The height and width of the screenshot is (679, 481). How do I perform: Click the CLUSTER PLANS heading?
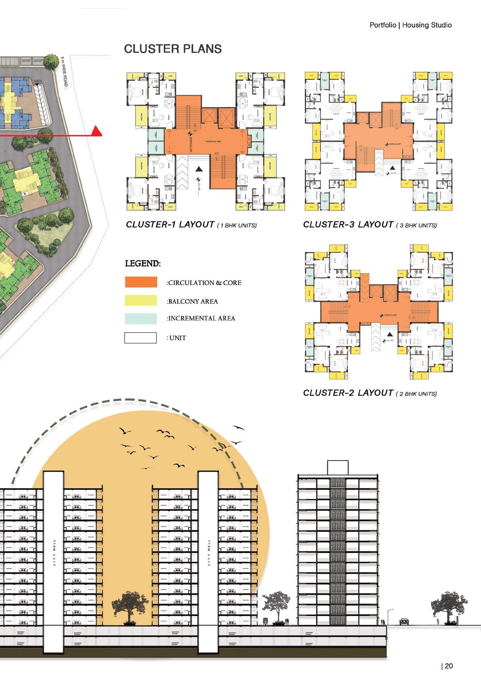click(x=173, y=49)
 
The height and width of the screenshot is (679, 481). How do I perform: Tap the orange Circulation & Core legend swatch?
click(x=141, y=282)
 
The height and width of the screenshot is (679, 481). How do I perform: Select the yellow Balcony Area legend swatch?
click(x=141, y=300)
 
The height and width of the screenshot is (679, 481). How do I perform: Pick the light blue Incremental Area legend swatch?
click(x=141, y=319)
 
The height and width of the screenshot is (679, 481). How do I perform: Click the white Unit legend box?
click(x=140, y=338)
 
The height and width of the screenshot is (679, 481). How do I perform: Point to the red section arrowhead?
click(x=97, y=131)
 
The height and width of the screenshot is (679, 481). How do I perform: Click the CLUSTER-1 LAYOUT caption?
click(x=170, y=225)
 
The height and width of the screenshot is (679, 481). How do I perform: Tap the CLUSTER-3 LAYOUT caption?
click(x=348, y=225)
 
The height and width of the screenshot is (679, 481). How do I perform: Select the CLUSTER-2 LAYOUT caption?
click(x=348, y=393)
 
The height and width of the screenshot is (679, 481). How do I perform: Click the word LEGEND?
click(x=143, y=264)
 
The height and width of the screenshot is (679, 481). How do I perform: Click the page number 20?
click(x=448, y=666)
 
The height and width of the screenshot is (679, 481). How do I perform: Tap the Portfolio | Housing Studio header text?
click(x=410, y=25)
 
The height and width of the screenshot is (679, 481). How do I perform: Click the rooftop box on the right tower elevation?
click(x=337, y=467)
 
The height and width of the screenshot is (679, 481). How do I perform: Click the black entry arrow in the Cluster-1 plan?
click(x=200, y=169)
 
